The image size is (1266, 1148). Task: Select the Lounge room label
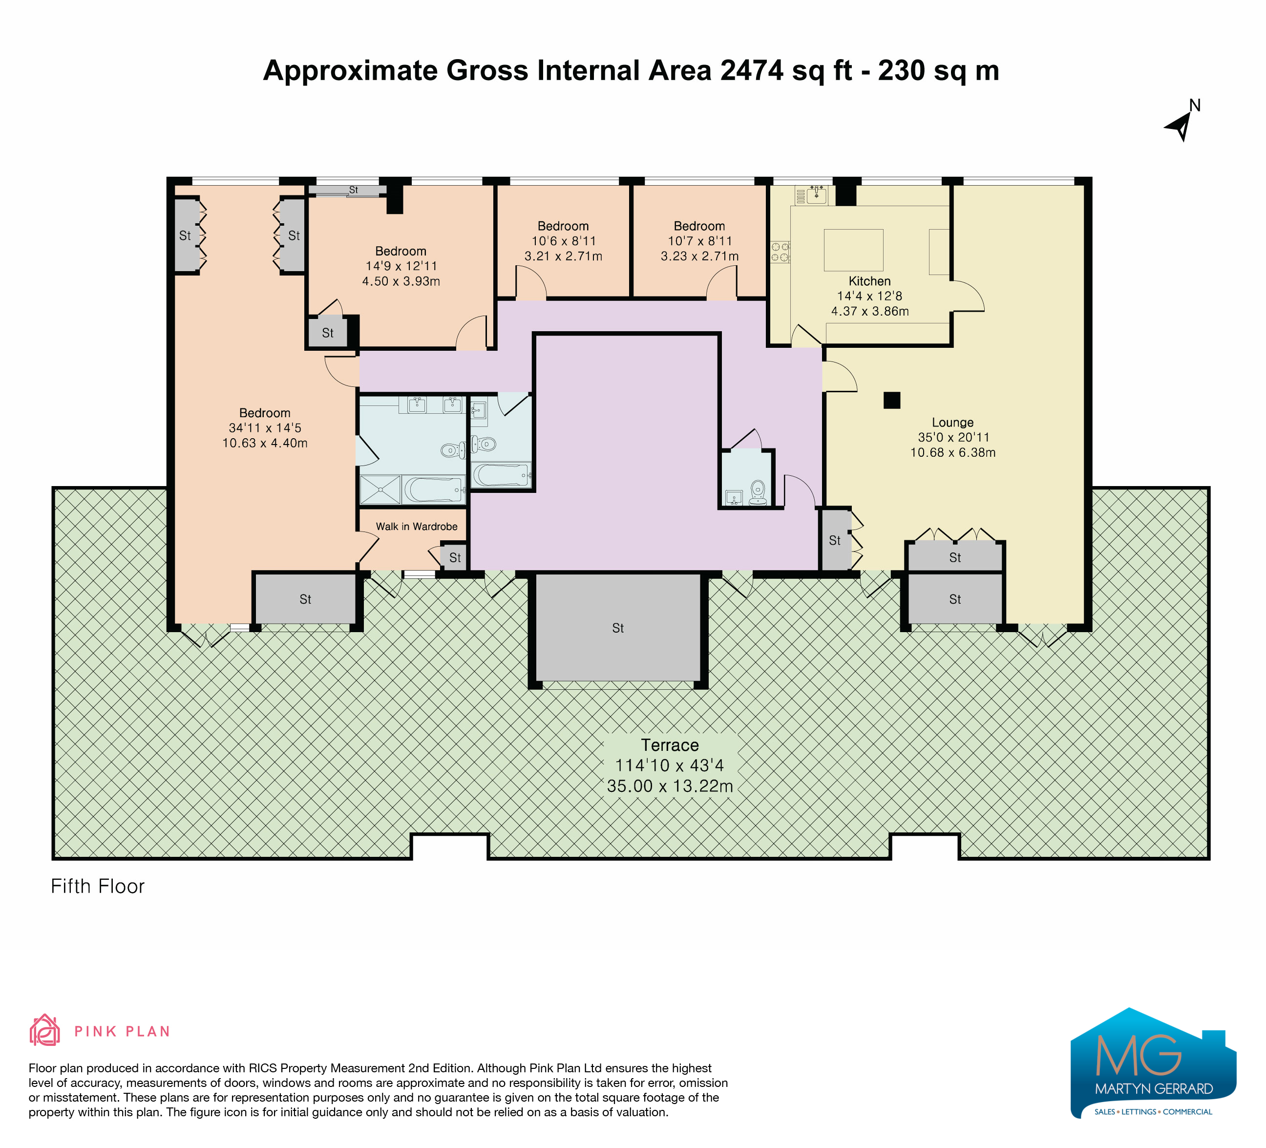pyautogui.click(x=952, y=423)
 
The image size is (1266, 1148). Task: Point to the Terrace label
pyautogui.click(x=670, y=745)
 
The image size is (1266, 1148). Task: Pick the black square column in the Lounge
pyautogui.click(x=892, y=400)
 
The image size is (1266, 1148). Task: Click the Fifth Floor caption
pyautogui.click(x=97, y=886)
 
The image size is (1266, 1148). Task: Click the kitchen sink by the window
pyautogui.click(x=816, y=195)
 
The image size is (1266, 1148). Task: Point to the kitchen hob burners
pyautogui.click(x=780, y=252)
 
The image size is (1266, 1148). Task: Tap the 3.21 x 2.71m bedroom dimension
pyautogui.click(x=563, y=256)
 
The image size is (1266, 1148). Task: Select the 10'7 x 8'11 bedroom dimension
pyautogui.click(x=699, y=241)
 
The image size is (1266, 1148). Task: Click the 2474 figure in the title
pyautogui.click(x=752, y=70)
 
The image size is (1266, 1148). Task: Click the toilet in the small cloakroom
pyautogui.click(x=758, y=491)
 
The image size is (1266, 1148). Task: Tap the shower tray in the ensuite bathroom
pyautogui.click(x=380, y=490)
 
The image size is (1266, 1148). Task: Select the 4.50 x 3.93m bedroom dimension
pyautogui.click(x=401, y=281)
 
